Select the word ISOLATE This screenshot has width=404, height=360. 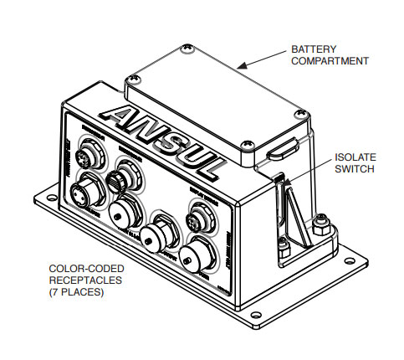tap(355, 157)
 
